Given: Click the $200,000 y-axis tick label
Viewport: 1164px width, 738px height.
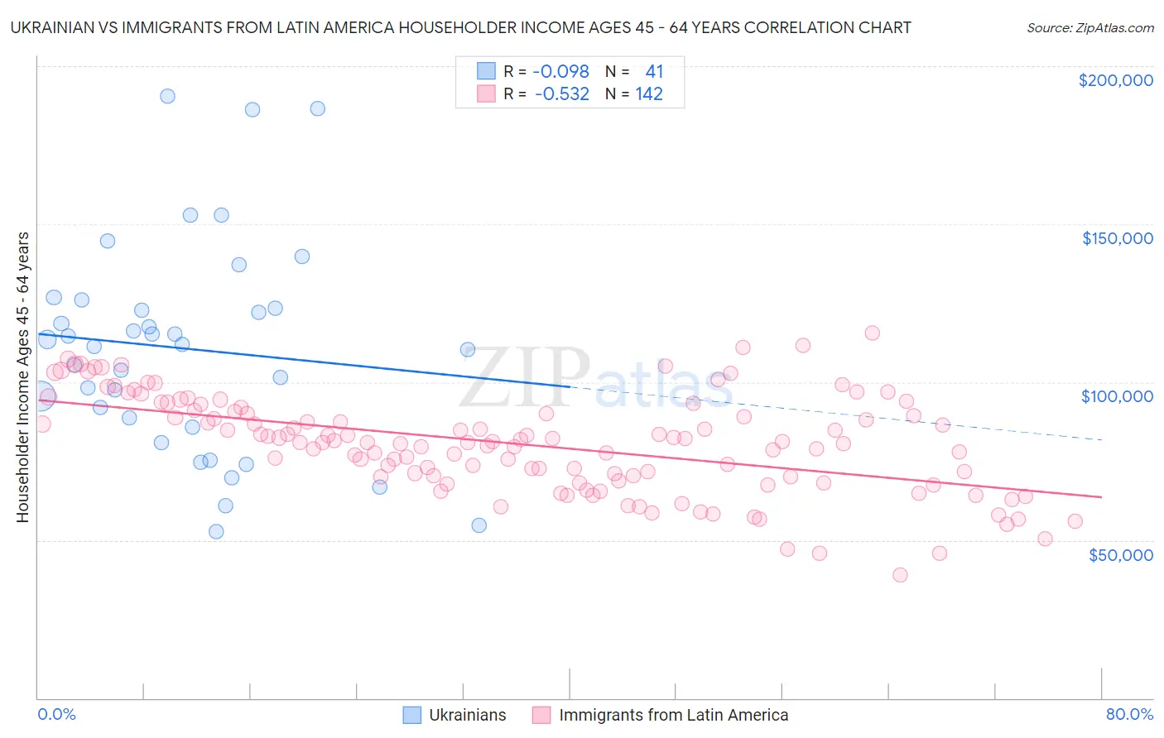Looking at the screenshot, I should click(x=1115, y=80).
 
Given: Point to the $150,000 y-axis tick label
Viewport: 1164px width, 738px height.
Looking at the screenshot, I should click(x=1117, y=238).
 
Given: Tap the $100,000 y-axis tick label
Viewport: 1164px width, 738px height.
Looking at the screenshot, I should click(x=1117, y=396).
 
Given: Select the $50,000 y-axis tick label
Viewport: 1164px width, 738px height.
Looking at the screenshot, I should click(x=1120, y=554).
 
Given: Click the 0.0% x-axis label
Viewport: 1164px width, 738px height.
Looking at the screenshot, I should click(x=56, y=714).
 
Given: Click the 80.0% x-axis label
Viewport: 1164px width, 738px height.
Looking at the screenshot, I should click(x=1129, y=714).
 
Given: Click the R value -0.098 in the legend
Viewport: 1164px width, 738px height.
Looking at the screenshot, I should click(x=560, y=72).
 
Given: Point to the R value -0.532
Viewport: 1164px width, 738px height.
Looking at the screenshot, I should click(x=561, y=94).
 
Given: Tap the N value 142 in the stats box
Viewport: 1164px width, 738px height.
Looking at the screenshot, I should click(x=649, y=94).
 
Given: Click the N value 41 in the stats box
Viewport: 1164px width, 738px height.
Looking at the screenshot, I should click(x=654, y=72).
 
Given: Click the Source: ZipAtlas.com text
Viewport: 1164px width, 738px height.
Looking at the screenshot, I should click(x=1089, y=27).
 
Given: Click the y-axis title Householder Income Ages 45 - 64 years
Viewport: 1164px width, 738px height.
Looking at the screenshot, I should click(x=22, y=377).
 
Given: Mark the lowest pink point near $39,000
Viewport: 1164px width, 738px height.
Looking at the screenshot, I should click(x=900, y=575).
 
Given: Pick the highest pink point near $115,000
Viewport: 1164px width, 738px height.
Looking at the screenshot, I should click(x=872, y=333).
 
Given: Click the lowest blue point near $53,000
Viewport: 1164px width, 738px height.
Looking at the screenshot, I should click(x=216, y=531).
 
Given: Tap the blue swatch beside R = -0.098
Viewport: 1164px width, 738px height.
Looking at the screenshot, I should click(x=485, y=72).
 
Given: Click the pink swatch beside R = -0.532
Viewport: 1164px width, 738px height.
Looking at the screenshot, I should click(x=485, y=94).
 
